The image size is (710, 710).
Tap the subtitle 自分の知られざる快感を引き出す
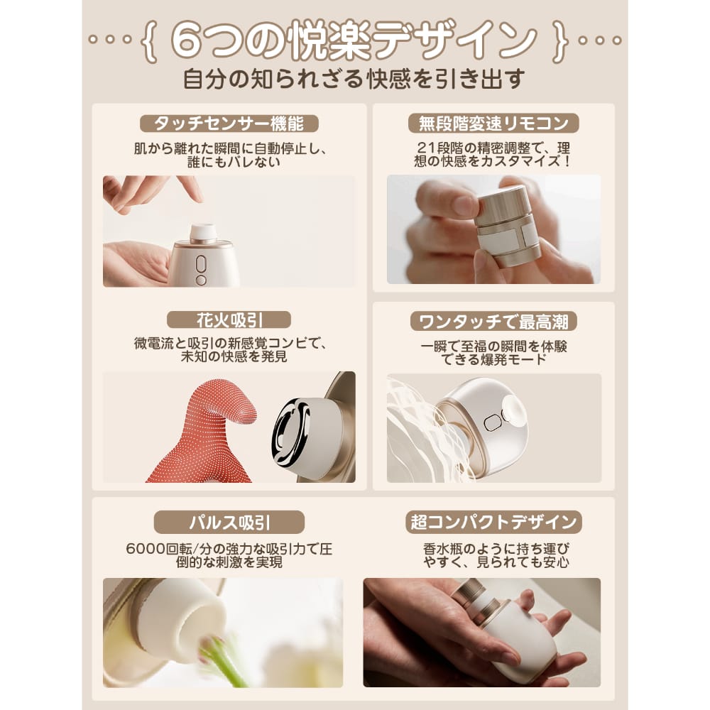354,79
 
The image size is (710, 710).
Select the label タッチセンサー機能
229,123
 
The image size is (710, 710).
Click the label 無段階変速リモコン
493,123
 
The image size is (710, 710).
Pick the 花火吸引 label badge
229,319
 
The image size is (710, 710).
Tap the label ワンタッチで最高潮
493,322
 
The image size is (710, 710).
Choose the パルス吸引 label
229,523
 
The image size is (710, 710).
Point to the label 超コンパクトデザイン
493,522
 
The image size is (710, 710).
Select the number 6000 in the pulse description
146,549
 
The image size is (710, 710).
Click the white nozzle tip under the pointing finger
203,232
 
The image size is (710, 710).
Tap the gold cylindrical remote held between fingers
507,226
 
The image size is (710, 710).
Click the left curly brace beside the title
149,40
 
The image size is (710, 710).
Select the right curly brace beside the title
560,41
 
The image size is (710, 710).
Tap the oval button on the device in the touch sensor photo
201,264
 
